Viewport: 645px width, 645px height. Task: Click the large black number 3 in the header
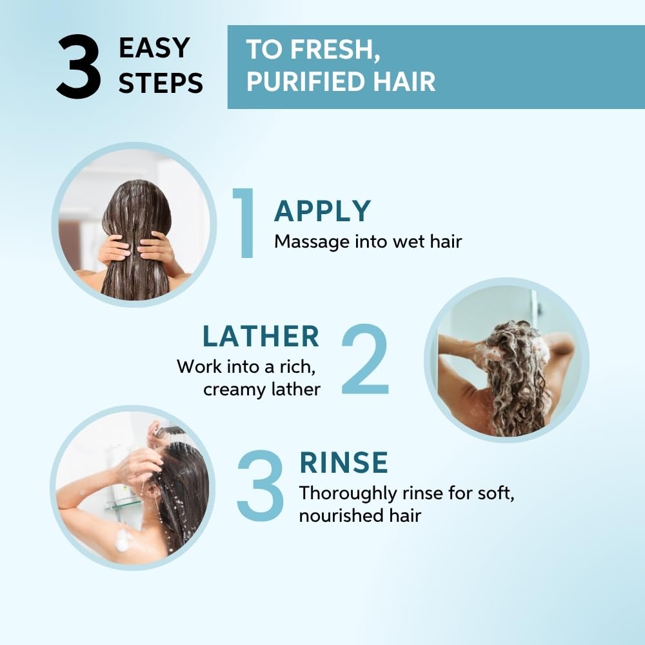pos(79,66)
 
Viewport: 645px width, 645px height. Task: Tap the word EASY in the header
pos(154,48)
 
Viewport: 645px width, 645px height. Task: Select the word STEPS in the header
pos(161,83)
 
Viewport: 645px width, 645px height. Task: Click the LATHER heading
pos(261,336)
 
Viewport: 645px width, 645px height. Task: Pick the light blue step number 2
pos(365,359)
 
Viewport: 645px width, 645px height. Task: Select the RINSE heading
pos(344,462)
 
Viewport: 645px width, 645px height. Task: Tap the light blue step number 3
pos(261,486)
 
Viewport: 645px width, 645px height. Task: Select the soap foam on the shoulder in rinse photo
pos(123,540)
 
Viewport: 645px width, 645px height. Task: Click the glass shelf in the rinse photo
pos(123,502)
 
